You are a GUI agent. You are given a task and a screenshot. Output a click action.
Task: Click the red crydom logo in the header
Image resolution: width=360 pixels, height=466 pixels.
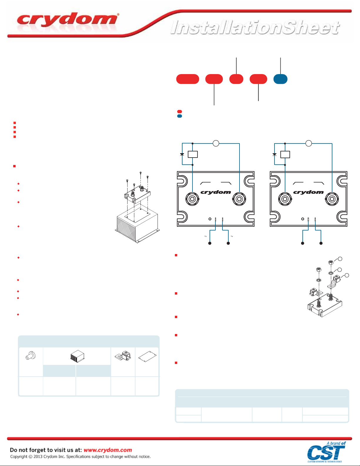pos(68,20)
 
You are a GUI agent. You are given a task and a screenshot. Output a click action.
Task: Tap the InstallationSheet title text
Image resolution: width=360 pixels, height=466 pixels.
pos(255,28)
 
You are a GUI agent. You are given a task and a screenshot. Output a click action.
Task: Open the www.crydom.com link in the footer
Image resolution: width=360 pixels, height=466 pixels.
pos(108,450)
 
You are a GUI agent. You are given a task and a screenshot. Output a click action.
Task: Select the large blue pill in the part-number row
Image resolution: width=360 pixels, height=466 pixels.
pos(280,79)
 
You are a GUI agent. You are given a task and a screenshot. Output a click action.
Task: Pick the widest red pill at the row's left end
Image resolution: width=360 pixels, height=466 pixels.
pos(187,79)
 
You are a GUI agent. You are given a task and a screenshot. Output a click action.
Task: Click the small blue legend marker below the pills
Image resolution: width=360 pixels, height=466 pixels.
pos(180,116)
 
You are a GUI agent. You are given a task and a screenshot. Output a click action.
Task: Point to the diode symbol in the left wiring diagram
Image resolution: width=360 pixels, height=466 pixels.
pos(182,154)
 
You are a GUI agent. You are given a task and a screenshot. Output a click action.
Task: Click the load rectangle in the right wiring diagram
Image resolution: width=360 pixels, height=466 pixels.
pos(285,154)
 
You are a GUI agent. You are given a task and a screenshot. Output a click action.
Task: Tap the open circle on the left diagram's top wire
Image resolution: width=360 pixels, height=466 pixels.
pos(216,143)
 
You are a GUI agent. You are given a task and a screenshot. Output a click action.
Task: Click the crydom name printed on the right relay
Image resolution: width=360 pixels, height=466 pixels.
pos(308,192)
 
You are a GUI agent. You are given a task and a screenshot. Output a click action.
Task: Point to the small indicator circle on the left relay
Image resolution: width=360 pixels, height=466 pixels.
pos(210,219)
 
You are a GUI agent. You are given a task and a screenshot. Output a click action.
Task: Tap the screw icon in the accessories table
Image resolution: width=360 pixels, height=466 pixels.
pos(30,356)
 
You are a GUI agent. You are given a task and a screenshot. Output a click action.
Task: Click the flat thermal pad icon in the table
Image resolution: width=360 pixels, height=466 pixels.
pos(147,356)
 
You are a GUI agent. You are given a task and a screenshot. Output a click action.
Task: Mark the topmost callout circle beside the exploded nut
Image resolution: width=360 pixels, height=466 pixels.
pos(340,259)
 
